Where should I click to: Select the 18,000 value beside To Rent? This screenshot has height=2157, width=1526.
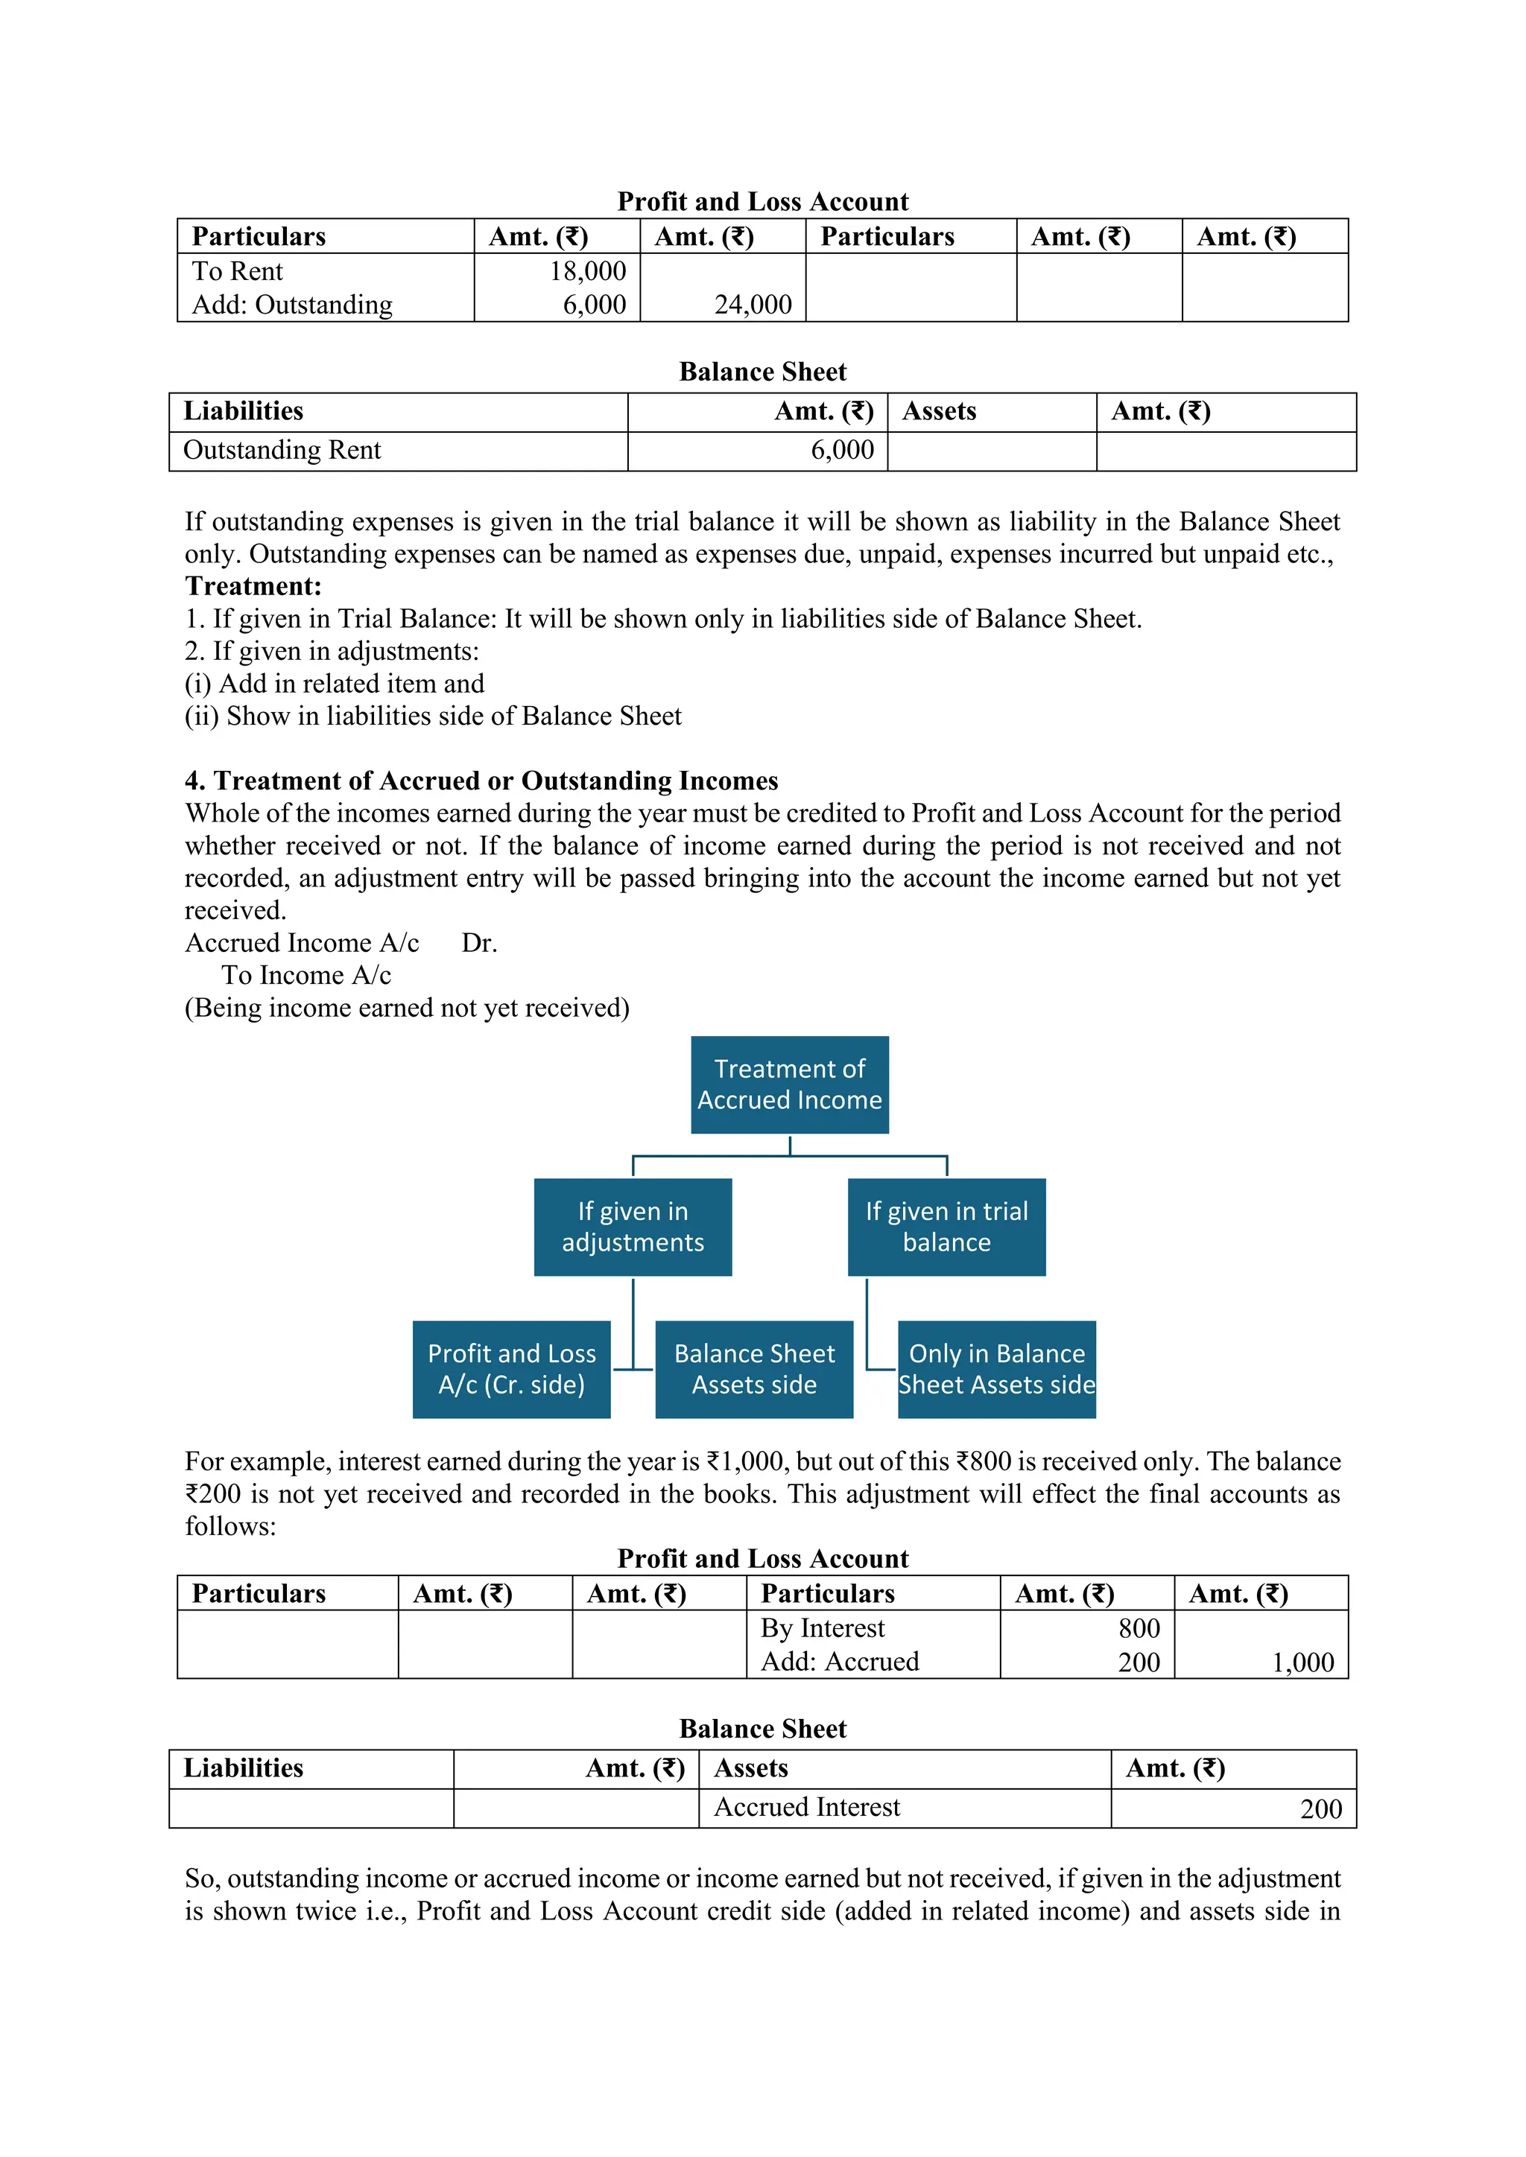(587, 272)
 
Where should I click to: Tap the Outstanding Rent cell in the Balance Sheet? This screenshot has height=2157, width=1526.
(282, 451)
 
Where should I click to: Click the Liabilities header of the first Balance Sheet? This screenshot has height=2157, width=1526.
(244, 411)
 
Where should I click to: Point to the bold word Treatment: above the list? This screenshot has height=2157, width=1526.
(253, 586)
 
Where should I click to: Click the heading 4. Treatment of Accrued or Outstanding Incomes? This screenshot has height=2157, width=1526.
(481, 781)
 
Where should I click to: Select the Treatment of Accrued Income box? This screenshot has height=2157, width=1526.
(789, 1084)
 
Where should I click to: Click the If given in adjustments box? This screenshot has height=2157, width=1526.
(633, 1227)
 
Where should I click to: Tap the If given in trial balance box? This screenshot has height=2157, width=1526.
(946, 1227)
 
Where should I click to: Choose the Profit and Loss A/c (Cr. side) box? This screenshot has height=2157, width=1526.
(511, 1369)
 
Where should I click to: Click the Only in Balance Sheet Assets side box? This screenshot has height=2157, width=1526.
(996, 1369)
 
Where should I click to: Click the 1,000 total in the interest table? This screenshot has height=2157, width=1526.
(1302, 1663)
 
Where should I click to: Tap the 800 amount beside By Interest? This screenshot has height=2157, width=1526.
(1139, 1628)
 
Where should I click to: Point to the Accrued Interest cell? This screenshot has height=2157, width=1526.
(806, 1808)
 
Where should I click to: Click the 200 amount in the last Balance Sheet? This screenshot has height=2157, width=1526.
(1320, 1809)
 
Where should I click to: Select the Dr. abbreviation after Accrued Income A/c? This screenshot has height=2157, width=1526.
(479, 943)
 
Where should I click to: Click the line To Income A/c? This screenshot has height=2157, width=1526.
(306, 976)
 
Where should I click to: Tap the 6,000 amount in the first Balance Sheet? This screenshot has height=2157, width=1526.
(842, 451)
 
